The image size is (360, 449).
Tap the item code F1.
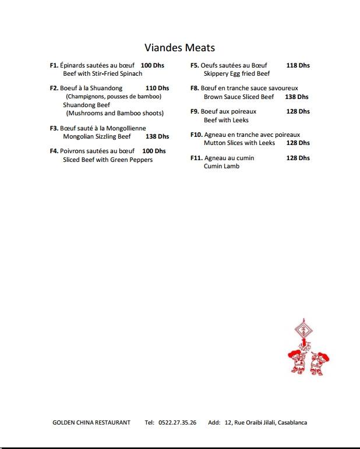tap(54, 66)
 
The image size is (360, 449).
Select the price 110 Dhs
tap(157, 88)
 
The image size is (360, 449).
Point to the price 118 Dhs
tap(298, 66)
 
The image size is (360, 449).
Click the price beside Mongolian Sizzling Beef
tap(157, 137)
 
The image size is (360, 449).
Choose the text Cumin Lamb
tap(221, 167)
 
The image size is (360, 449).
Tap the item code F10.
tap(196, 135)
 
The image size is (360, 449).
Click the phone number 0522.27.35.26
tap(177, 423)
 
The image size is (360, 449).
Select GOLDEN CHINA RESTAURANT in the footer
tap(91, 423)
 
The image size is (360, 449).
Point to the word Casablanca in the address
tap(292, 423)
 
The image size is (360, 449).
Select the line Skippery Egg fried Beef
tap(237, 74)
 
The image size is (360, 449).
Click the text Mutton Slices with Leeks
tap(239, 143)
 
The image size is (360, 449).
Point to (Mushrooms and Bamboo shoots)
tap(115, 113)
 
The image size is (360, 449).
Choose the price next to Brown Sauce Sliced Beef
tap(297, 97)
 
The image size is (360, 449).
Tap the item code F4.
tap(54, 151)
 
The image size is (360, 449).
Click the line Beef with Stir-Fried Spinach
tap(103, 74)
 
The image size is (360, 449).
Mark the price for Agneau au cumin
tap(298, 158)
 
